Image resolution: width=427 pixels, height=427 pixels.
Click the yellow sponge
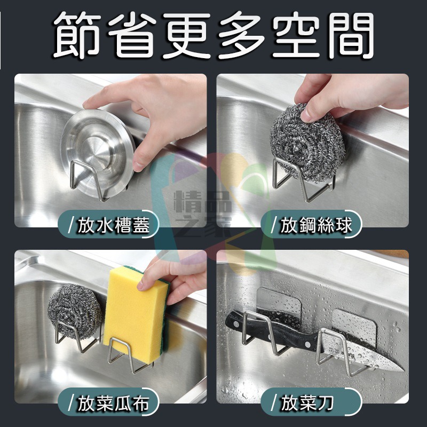tap(133, 310)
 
